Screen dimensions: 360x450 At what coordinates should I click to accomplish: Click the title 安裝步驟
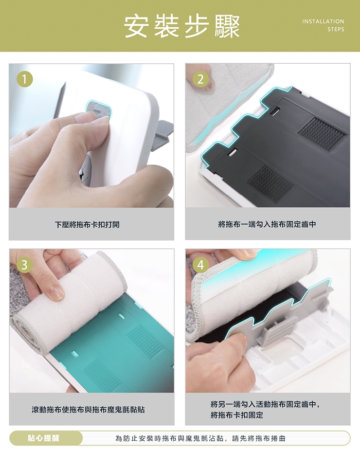tap(182, 26)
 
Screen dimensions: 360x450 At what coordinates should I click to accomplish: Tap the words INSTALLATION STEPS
tap(323, 25)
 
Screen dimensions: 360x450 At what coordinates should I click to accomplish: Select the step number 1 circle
tap(25, 79)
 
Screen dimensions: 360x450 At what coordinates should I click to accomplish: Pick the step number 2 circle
tap(201, 79)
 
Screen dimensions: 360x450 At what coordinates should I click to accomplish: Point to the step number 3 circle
tap(24, 265)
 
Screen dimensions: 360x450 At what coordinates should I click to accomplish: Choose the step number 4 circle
tap(201, 264)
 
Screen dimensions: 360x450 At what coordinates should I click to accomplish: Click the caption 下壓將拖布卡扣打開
tap(87, 224)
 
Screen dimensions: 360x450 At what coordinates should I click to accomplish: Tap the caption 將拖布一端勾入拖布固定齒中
tap(267, 224)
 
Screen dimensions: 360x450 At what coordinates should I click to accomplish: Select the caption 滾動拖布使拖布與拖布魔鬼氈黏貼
tap(88, 409)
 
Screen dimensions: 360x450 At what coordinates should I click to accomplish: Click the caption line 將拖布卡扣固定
tap(237, 415)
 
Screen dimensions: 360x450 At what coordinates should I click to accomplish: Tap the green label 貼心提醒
tap(44, 438)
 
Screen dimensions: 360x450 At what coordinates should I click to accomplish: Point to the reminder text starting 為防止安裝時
tap(201, 439)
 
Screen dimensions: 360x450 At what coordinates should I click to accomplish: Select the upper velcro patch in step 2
tap(322, 133)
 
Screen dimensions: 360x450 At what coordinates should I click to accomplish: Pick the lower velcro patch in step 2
tap(270, 182)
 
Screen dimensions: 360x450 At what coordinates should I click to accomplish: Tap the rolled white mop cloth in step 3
tap(69, 304)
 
